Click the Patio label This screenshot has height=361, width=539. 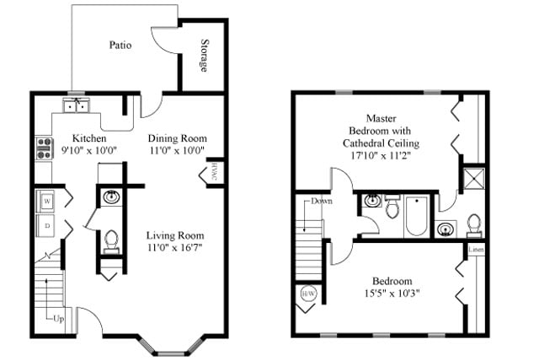(x=120, y=45)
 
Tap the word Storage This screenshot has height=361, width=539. (x=205, y=55)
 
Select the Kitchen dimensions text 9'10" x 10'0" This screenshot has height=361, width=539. (x=88, y=150)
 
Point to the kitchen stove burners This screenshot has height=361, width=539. (x=44, y=148)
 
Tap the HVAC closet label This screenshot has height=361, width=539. (x=214, y=172)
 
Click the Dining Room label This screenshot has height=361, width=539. (x=178, y=138)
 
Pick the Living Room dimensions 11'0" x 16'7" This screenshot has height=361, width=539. (x=175, y=247)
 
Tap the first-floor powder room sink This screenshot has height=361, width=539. (x=111, y=197)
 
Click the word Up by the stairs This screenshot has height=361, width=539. (x=59, y=320)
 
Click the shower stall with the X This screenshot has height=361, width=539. (x=475, y=179)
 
